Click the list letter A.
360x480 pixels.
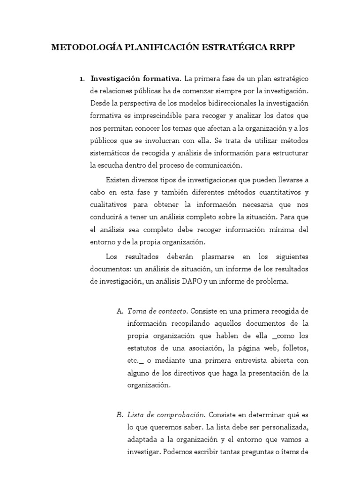click(119, 311)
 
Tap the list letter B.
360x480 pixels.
click(119, 415)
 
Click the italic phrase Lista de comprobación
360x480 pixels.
click(166, 415)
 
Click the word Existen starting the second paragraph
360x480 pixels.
click(119, 180)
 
